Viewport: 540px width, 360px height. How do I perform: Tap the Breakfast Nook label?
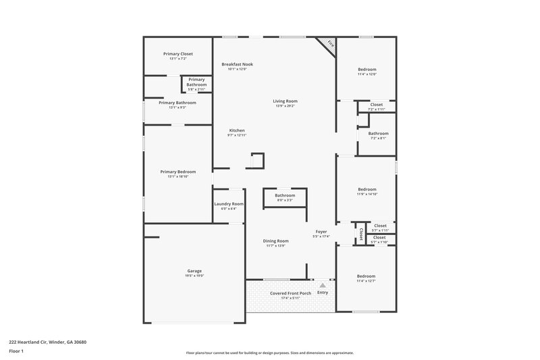point(237,64)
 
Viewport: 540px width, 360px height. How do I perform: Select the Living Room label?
point(285,101)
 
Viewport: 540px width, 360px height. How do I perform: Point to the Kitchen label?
point(237,130)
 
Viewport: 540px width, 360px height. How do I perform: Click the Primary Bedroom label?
point(178,172)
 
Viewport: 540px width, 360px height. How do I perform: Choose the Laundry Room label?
point(228,204)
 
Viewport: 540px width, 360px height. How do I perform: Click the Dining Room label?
point(275,241)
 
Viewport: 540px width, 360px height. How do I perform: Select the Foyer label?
point(321,232)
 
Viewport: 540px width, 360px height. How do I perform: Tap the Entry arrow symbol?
point(323,286)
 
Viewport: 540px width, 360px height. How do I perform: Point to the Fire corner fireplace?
point(329,44)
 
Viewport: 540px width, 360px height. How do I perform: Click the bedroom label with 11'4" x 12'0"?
point(367,70)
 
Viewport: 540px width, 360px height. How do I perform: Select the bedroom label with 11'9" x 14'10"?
point(367,190)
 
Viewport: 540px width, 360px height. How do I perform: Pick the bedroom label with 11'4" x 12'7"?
point(366,276)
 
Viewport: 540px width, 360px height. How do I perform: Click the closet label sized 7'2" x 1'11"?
point(376,105)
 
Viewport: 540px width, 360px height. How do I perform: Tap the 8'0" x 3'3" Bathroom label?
point(284,195)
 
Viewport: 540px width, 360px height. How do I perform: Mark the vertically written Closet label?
point(361,234)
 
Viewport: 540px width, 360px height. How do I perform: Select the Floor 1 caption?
point(17,352)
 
